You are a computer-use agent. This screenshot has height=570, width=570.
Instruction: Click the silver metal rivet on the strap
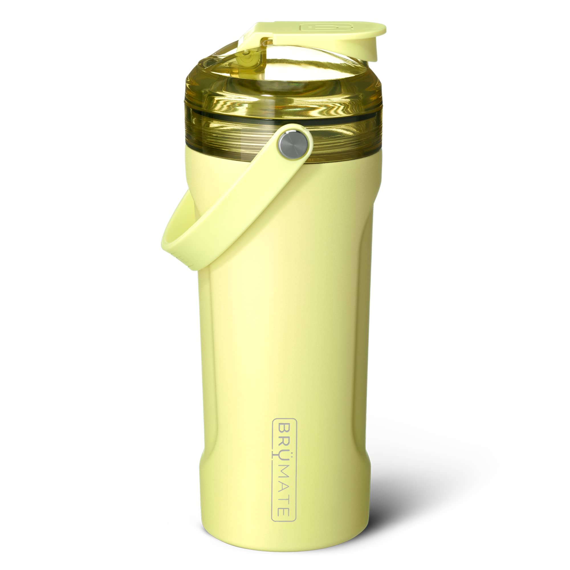(x=293, y=145)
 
